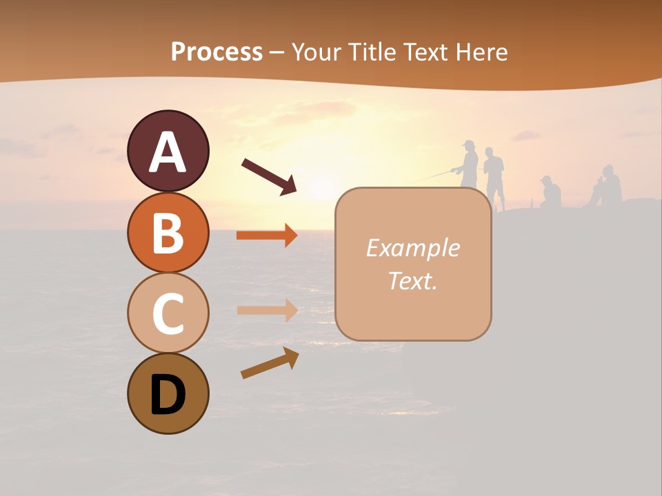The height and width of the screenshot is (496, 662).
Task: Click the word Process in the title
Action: [x=217, y=52]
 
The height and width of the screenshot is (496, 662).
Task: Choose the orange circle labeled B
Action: [x=168, y=232]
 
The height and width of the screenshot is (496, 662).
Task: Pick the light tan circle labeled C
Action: [x=168, y=313]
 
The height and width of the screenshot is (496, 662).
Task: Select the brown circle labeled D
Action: [x=168, y=393]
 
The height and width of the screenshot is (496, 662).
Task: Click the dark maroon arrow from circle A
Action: [x=268, y=176]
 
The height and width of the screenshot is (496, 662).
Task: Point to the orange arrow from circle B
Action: [x=266, y=236]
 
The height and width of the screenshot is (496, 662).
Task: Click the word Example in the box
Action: [x=412, y=248]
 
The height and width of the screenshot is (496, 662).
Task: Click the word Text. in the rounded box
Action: [x=412, y=280]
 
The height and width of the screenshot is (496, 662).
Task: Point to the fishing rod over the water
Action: [x=434, y=176]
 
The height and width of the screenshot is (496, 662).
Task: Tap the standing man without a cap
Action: [x=494, y=176]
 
